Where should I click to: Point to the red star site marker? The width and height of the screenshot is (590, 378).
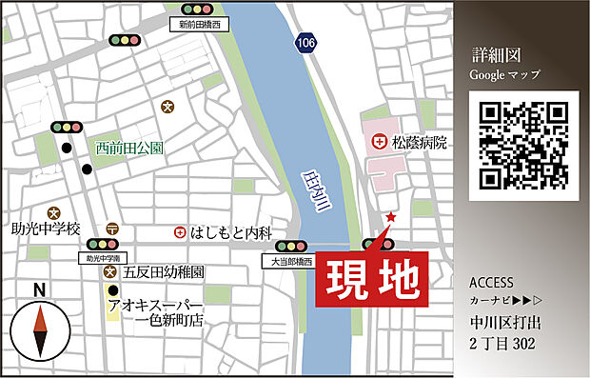pos(390,218)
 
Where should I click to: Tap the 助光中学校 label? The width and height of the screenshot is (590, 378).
pos(47,229)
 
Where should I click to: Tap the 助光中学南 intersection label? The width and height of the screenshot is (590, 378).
pos(101,258)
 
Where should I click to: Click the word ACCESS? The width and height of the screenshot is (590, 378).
pos(491,283)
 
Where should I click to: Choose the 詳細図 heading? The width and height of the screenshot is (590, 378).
pos(493,54)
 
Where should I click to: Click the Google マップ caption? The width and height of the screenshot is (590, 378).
pos(504,73)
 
